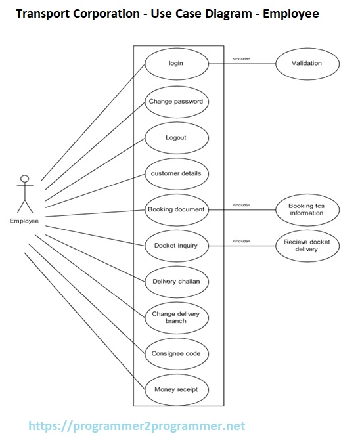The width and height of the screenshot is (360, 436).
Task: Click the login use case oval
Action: (x=176, y=64)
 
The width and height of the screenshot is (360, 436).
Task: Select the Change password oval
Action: (x=176, y=102)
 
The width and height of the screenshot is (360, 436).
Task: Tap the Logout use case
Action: (x=176, y=138)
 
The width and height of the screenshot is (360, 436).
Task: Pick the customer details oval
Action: (x=176, y=174)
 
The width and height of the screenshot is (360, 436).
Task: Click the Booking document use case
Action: (x=176, y=210)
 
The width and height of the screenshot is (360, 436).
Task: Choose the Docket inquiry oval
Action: (x=176, y=246)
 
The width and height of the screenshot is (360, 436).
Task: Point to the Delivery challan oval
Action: (x=176, y=282)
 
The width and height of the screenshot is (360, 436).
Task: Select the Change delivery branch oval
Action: (x=176, y=318)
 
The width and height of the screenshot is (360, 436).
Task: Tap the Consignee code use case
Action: (x=176, y=353)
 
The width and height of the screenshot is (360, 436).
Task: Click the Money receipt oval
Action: (x=176, y=390)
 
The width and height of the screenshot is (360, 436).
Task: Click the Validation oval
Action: (x=307, y=64)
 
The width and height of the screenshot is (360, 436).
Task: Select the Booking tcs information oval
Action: (x=307, y=209)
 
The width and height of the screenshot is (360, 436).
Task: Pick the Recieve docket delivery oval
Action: (x=307, y=246)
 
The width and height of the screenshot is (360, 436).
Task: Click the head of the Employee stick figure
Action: (x=25, y=179)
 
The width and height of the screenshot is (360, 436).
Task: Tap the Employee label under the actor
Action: (x=24, y=221)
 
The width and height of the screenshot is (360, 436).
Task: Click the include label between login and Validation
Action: (x=241, y=59)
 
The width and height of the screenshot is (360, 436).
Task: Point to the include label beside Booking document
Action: (x=241, y=205)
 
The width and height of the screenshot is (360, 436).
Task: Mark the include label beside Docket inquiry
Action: (x=241, y=241)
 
